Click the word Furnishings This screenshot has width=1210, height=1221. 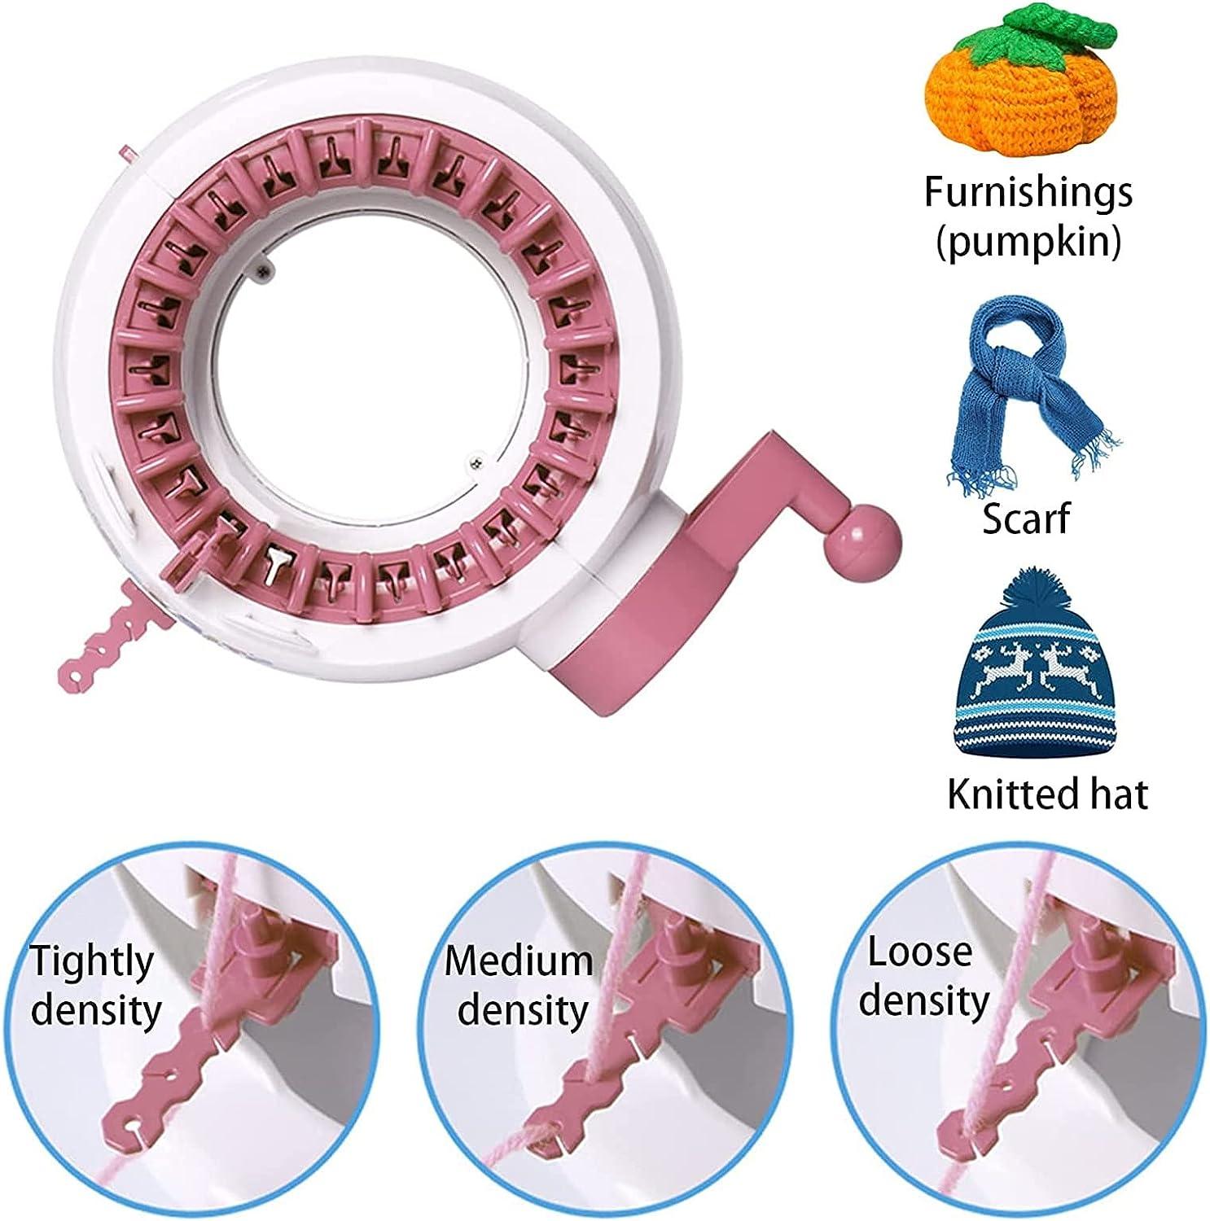(x=1028, y=192)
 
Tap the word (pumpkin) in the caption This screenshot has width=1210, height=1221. (x=1028, y=242)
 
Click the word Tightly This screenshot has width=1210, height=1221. (x=91, y=963)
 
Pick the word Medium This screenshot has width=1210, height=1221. (x=519, y=961)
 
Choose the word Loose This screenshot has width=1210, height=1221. (x=919, y=952)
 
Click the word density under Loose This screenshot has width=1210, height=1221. (x=924, y=1001)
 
